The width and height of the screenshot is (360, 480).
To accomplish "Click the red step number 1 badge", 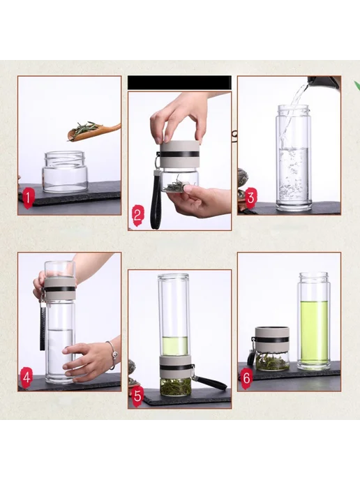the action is pyautogui.click(x=27, y=198).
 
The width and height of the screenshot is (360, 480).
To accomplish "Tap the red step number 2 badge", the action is pyautogui.click(x=137, y=216).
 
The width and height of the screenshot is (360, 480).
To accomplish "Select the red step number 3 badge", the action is pyautogui.click(x=250, y=197).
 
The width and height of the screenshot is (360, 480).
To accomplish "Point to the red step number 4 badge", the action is pyautogui.click(x=27, y=377).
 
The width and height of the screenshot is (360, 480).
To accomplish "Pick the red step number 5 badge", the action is pyautogui.click(x=137, y=396).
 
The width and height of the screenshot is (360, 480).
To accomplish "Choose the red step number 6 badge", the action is pyautogui.click(x=247, y=378).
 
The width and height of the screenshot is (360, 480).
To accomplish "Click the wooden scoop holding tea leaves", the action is pyautogui.click(x=93, y=132).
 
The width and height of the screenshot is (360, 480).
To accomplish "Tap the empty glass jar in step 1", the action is pyautogui.click(x=65, y=172).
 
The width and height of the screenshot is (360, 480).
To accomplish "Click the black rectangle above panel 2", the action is pyautogui.click(x=179, y=82).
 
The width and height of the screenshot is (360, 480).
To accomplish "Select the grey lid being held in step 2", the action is pyautogui.click(x=179, y=154).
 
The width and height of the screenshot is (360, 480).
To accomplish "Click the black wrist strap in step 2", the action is pyautogui.click(x=156, y=200).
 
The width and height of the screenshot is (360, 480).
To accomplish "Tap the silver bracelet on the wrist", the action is pyautogui.click(x=112, y=354).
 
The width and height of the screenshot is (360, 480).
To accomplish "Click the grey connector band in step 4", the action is pyautogui.click(x=60, y=288).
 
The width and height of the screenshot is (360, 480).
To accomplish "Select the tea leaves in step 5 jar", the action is pyautogui.click(x=175, y=387).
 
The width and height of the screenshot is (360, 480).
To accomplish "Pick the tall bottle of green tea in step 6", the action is pyautogui.click(x=314, y=321).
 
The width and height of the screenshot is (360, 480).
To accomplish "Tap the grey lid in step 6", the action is pyautogui.click(x=272, y=339).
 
